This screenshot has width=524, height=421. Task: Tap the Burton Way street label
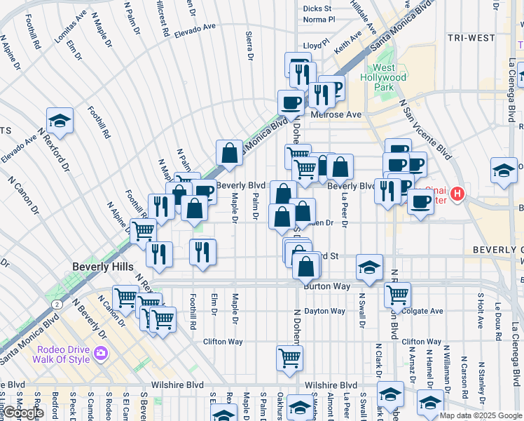(x=322, y=286)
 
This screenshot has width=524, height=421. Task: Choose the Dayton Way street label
(x=324, y=311)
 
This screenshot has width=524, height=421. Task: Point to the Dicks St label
(x=317, y=8)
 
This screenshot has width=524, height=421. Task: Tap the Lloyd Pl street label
(x=316, y=45)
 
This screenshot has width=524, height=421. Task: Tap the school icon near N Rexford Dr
(x=60, y=121)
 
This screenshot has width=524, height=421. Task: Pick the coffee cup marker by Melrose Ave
(x=291, y=102)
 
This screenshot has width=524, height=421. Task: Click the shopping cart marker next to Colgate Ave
(x=397, y=295)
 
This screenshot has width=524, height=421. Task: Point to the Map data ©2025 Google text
(x=481, y=415)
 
